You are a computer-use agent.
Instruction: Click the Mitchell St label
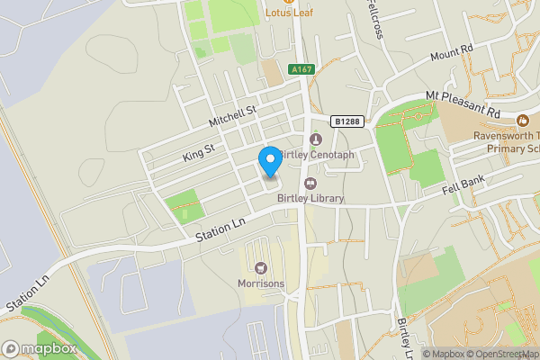(233, 116)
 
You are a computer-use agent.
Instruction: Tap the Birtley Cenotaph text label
(316, 155)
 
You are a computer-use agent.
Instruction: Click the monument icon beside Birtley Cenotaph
(315, 139)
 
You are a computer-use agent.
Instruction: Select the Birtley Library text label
(310, 199)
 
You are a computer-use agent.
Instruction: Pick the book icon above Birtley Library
(310, 184)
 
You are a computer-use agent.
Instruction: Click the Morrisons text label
(261, 283)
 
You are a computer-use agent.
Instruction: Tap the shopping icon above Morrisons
(261, 267)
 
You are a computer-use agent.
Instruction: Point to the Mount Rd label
(450, 54)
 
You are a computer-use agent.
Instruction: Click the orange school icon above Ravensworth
(523, 120)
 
